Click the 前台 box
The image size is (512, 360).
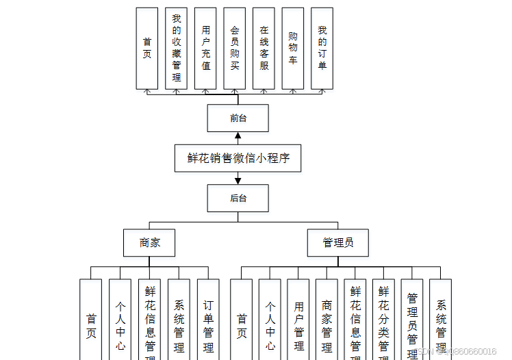pos(238,118)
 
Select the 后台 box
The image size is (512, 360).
pos(238,198)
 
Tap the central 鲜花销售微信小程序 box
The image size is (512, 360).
pos(238,157)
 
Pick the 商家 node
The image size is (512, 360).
pos(150,242)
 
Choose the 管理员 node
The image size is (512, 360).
pos(338,242)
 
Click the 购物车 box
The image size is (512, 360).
pos(293,48)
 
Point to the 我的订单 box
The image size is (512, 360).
pos(322,48)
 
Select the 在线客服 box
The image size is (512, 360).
pos(264,48)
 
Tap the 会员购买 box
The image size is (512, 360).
pos(234,48)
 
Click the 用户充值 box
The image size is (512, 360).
pos(205,48)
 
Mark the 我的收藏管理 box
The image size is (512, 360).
pos(176,48)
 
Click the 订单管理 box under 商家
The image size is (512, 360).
pos(208,319)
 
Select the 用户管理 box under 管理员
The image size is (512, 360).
pos(298,319)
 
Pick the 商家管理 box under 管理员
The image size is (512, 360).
pos(327,319)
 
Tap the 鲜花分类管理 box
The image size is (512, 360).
pos(383,319)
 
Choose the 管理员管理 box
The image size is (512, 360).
pos(412,319)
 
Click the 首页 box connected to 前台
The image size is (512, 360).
pos(147,48)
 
